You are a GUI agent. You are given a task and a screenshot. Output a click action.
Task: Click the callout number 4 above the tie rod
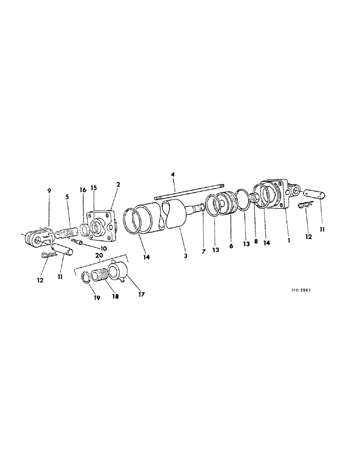point(173,175)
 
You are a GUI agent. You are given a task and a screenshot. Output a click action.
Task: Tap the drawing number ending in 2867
point(301,289)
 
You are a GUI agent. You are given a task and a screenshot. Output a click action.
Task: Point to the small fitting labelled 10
point(77,242)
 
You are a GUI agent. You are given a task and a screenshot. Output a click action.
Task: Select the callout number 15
point(93,188)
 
